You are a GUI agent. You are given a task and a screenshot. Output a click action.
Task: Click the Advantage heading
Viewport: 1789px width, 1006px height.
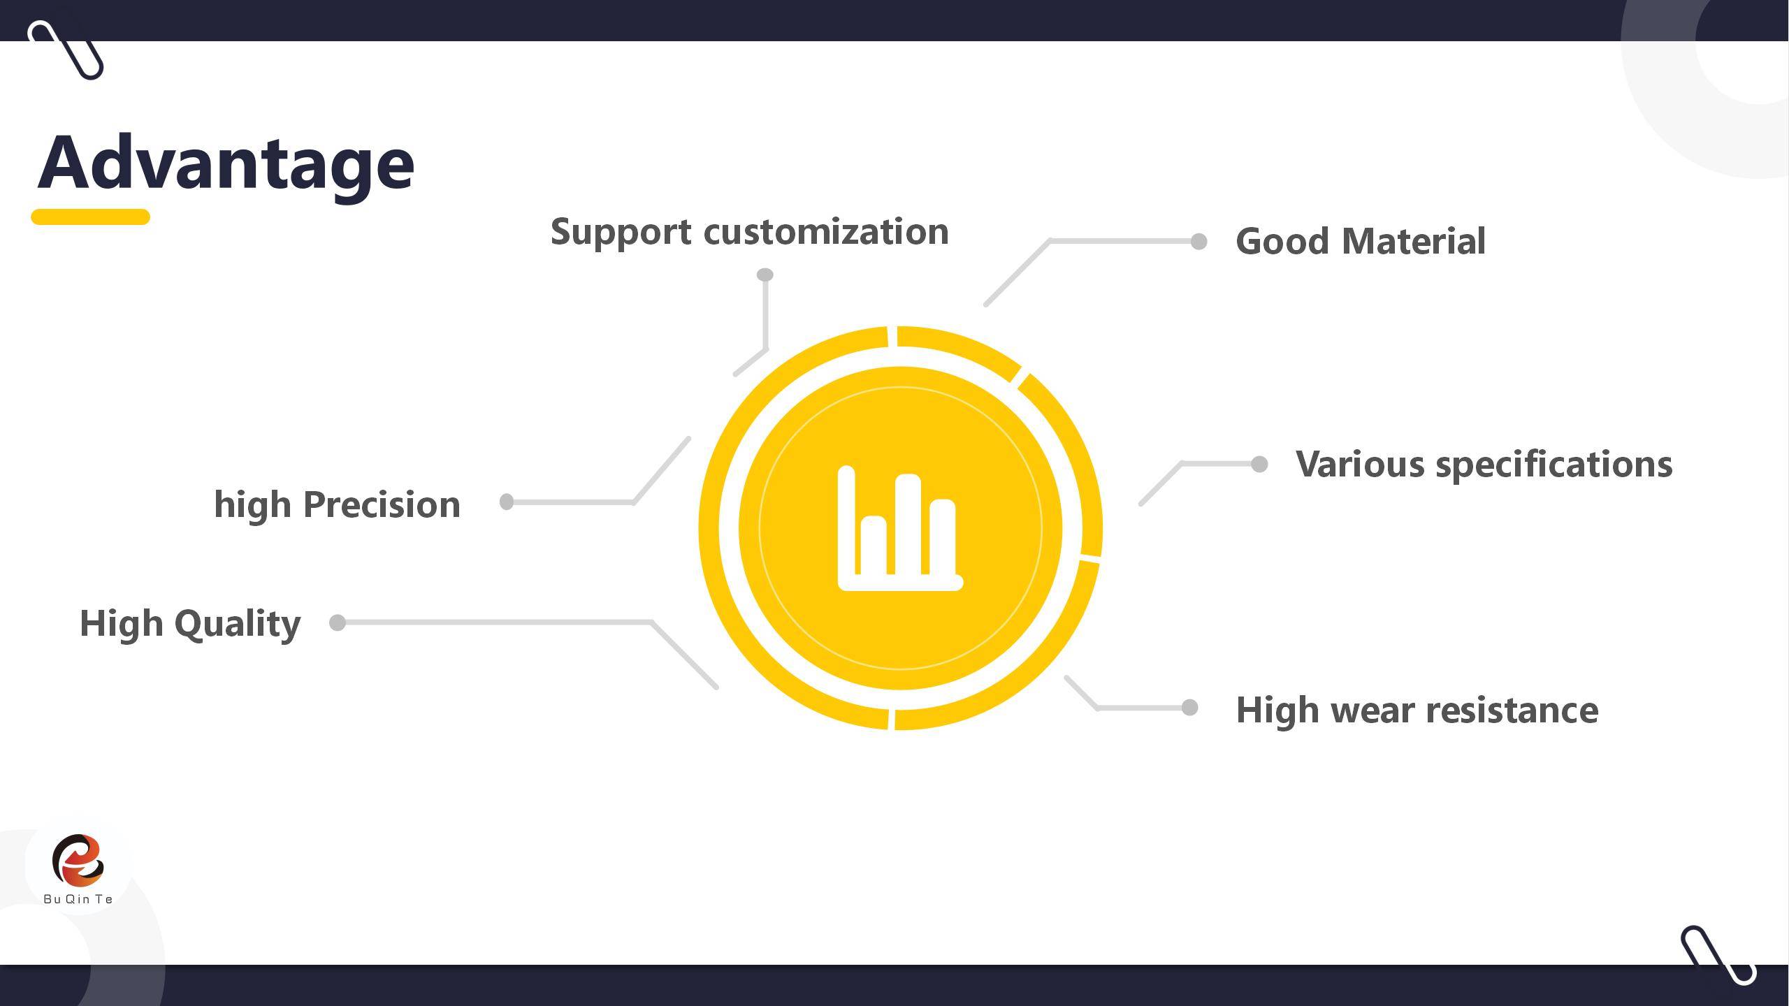[x=226, y=163]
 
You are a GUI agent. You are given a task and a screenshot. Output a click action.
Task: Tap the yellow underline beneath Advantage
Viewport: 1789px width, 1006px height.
[x=91, y=217]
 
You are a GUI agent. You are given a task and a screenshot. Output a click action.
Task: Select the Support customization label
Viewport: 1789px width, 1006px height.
[x=749, y=233]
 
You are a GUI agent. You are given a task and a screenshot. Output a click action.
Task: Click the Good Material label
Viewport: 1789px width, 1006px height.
[x=1361, y=242]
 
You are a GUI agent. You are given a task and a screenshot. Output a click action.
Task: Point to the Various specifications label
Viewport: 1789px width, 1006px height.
[x=1484, y=465]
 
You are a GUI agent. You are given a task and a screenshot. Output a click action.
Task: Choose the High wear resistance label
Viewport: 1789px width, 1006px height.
[x=1417, y=710]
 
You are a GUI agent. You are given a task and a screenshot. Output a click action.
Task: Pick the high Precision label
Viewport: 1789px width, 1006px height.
[x=337, y=505]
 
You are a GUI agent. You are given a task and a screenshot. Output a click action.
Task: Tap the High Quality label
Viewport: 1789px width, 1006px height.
[x=190, y=624]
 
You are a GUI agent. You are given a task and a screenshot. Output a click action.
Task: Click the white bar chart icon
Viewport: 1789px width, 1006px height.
[x=900, y=528]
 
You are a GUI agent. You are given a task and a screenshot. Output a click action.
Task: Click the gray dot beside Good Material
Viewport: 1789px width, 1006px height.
[x=1198, y=241]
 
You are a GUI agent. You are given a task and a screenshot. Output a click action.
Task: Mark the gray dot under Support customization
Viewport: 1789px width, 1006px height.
[x=765, y=275]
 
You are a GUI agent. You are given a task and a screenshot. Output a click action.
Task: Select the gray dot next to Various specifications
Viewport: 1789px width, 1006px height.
[x=1259, y=464]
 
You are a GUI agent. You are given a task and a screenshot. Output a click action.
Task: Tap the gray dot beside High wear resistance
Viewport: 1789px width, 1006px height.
[x=1189, y=708]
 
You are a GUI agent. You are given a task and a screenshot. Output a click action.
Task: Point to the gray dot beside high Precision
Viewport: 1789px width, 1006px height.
[x=507, y=502]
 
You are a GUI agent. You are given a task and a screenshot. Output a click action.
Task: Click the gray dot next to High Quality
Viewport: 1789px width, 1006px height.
[x=338, y=622]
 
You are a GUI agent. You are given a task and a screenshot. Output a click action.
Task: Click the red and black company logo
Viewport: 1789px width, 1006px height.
[x=78, y=860]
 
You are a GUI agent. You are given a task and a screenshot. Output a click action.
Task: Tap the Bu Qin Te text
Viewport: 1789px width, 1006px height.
[x=78, y=899]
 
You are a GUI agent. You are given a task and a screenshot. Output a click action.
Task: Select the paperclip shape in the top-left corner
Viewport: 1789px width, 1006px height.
[x=66, y=50]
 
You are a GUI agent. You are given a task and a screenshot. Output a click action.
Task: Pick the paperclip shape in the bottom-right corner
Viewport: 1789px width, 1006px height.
[x=1718, y=955]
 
